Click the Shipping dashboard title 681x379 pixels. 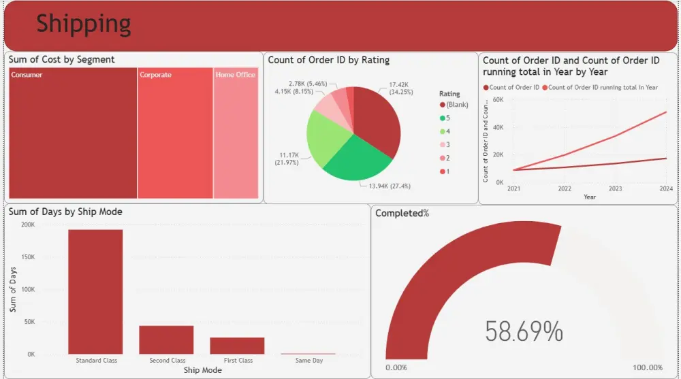coord(83,24)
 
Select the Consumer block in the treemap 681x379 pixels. coord(73,133)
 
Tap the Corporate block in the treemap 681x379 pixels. coord(175,133)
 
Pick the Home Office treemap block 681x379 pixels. coord(236,133)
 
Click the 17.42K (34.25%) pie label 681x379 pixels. coord(402,88)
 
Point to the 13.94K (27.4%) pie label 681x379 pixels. coord(390,186)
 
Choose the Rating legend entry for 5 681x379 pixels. coord(448,118)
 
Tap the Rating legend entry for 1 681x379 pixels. coord(448,171)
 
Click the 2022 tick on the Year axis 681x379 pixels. coord(565,189)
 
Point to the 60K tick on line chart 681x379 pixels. coord(498,99)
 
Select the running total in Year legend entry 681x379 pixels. coord(602,87)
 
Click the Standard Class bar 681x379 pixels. coord(95,291)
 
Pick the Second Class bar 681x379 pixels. coord(166,340)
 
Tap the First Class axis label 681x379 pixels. coord(237,361)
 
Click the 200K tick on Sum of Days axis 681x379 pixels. coord(28,224)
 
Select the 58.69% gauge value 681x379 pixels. coord(524,331)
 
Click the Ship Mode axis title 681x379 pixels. coord(202,370)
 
